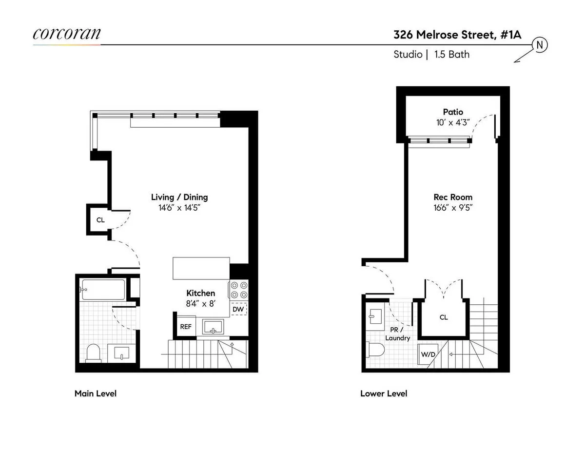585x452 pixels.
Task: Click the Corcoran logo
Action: point(67,34)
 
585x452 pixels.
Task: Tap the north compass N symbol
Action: point(540,45)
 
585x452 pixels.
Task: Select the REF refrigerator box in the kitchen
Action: point(186,327)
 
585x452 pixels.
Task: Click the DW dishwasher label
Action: point(238,309)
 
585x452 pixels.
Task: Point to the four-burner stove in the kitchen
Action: point(238,290)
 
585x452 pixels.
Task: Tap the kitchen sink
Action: point(214,327)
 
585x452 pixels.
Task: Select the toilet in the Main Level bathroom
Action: point(93,353)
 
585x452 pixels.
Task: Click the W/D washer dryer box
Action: point(429,354)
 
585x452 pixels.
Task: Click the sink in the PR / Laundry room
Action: point(375,315)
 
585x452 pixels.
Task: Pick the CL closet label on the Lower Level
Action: point(444,317)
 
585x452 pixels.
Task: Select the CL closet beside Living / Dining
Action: point(100,220)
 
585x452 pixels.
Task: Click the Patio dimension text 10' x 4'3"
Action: point(453,123)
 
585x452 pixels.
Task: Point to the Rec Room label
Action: point(453,197)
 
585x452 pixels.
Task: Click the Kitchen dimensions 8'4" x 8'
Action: point(200,303)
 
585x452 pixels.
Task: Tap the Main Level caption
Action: point(95,393)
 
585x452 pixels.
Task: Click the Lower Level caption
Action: point(383,393)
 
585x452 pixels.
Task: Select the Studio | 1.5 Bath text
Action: point(431,54)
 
